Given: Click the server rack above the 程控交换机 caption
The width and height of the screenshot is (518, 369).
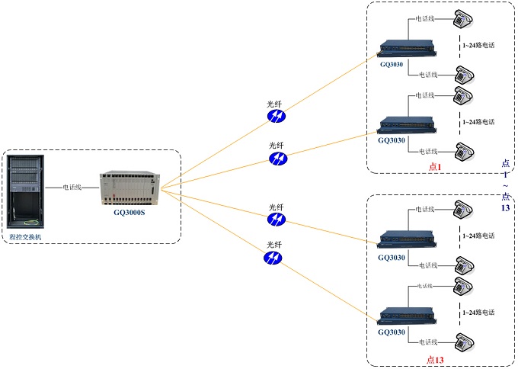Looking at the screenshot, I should tap(26, 191).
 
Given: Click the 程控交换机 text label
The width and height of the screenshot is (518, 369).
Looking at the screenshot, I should tap(26, 237).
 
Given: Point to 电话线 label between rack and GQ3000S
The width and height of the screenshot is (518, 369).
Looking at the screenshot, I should tap(73, 186).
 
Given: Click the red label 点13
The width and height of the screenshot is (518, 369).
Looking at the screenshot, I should tap(435, 358).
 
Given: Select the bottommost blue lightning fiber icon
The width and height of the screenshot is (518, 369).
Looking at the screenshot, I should tap(273, 258).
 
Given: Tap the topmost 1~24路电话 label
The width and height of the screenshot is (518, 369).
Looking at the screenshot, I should tap(478, 45).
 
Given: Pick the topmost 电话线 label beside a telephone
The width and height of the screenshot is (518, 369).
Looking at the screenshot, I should tap(424, 18).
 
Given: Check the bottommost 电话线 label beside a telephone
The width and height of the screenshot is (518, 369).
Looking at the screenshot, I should tap(424, 341).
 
